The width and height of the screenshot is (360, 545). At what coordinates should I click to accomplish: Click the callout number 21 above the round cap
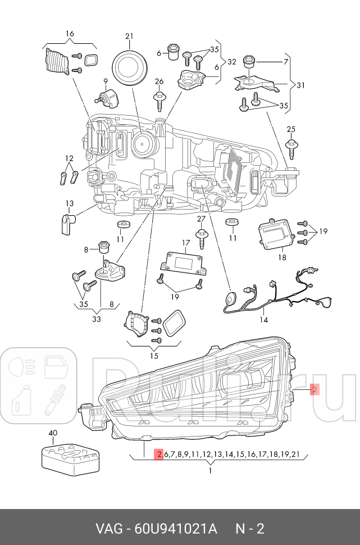pos(129,37)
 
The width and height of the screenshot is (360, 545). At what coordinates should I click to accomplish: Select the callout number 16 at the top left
pos(70,34)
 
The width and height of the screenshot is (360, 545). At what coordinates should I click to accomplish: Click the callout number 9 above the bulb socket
pos(104,81)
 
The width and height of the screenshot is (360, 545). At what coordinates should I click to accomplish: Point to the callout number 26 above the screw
pos(159,81)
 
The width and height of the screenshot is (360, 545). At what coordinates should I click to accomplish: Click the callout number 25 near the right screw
pos(290,130)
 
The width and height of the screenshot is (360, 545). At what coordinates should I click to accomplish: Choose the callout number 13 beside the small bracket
pos(69,203)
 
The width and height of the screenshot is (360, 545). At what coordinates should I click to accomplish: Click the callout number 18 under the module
pos(281,257)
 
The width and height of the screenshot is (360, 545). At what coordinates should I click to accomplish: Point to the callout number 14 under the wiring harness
pos(263,320)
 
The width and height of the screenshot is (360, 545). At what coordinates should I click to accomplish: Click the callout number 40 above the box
pos(53,433)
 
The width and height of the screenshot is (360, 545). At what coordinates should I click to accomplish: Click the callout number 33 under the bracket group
pos(97,319)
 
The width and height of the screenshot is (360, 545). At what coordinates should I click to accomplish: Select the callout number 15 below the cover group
pos(154,355)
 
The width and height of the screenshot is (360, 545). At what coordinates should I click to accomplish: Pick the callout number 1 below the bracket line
pos(210,470)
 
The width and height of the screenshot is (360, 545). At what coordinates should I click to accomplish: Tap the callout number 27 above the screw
pos(201,219)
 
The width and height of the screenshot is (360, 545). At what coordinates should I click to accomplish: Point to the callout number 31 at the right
pos(300,85)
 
